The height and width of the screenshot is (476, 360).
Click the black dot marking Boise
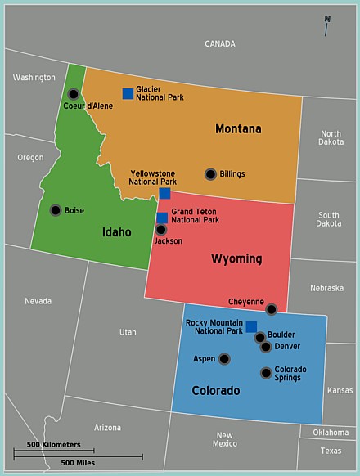[56, 210]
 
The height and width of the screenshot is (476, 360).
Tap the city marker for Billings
[210, 174]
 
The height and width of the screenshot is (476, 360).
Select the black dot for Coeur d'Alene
[74, 94]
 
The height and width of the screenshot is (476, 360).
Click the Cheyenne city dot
[272, 309]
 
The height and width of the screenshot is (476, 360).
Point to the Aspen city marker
[224, 359]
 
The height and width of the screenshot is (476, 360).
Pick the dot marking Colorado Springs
[266, 373]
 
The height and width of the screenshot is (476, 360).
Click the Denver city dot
[266, 347]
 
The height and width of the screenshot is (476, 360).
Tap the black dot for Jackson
[161, 230]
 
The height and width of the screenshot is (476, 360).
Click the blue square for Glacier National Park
[128, 93]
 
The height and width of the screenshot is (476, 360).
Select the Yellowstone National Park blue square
[164, 193]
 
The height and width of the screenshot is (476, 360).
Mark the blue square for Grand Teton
[162, 218]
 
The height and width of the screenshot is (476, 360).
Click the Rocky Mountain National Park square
[251, 327]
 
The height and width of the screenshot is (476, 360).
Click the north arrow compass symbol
[326, 25]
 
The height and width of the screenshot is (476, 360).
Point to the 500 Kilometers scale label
[54, 444]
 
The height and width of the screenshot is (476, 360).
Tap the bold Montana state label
[238, 129]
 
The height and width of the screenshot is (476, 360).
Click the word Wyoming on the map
[236, 259]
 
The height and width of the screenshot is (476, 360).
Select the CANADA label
[219, 43]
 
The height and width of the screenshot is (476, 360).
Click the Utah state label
[128, 332]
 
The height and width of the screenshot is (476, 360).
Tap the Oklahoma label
[331, 433]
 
